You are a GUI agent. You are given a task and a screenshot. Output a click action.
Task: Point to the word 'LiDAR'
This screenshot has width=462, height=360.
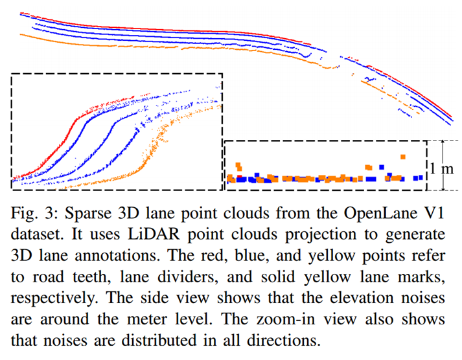pyautogui.click(x=121, y=234)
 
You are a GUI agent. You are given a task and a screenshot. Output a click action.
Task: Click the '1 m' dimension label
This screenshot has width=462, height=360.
pyautogui.click(x=445, y=168)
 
